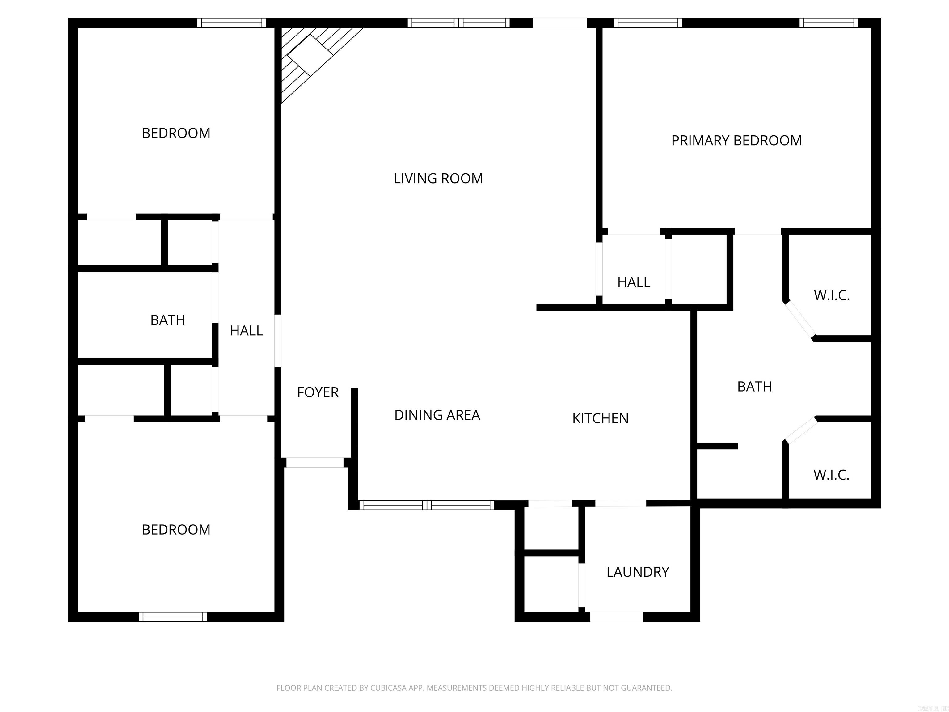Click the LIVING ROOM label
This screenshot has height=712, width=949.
tap(438, 178)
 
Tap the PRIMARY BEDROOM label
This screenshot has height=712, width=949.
tap(736, 140)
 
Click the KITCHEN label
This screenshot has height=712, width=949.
tap(600, 418)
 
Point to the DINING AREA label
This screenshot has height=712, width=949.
tap(437, 415)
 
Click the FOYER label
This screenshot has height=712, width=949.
tap(318, 392)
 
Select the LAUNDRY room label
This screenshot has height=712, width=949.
tap(638, 572)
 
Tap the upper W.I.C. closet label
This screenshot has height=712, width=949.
tap(831, 295)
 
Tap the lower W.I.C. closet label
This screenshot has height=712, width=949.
tap(831, 475)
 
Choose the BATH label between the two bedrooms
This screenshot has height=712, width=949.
tap(167, 320)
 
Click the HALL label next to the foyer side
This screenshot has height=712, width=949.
tap(246, 330)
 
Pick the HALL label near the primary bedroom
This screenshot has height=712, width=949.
tap(633, 282)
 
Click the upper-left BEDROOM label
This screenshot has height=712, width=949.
tap(176, 133)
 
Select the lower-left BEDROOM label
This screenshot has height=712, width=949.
tap(176, 530)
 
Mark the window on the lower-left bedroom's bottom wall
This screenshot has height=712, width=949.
tap(173, 617)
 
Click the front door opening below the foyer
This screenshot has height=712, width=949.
tap(314, 462)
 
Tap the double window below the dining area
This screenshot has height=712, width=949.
tap(426, 505)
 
